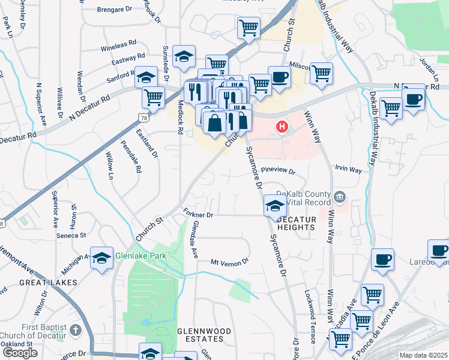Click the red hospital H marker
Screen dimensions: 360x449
280,127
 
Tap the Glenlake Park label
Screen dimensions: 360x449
140,254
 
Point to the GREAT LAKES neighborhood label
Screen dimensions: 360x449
48,282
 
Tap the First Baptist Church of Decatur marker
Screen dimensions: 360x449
76,330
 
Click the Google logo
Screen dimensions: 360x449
20,353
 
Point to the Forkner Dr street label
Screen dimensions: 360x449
197,214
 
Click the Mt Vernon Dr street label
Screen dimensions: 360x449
229,262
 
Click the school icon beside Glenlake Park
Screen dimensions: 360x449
102,258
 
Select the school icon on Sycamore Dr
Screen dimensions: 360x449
274,206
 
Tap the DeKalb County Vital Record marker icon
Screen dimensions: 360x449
340,197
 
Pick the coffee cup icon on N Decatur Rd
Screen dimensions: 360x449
413,98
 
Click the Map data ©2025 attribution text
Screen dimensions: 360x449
424,355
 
